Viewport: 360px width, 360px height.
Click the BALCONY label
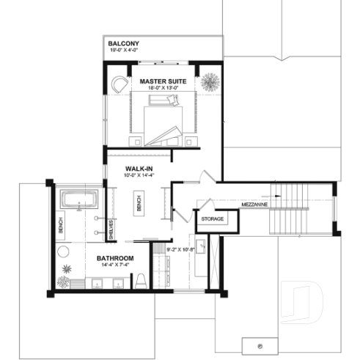tap(124, 43)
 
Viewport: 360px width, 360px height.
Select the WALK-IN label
tap(139, 168)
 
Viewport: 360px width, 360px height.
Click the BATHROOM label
tap(114, 259)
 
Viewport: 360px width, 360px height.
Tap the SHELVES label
tap(111, 229)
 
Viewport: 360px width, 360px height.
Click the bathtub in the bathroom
tap(77, 199)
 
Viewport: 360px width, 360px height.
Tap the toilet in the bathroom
tap(140, 281)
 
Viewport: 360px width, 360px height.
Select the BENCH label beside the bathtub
tap(61, 224)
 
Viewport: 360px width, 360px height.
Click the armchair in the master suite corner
tap(120, 85)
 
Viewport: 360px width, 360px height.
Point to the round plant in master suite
tap(209, 80)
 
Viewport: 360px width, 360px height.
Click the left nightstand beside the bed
tap(135, 139)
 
